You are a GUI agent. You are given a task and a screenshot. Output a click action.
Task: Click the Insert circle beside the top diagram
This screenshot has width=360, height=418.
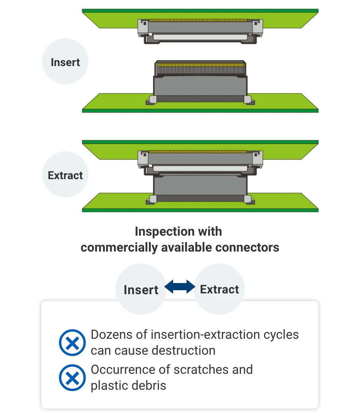pos(65,62)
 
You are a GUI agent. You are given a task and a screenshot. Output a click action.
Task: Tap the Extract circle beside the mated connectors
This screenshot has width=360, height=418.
pos(65,175)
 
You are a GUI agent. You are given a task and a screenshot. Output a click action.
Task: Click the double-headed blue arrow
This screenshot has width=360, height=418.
pos(180,287)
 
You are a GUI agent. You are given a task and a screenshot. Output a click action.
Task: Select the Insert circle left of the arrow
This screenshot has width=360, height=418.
pos(141,289)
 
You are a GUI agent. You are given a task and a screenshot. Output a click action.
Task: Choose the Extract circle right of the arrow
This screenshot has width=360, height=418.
pos(219,289)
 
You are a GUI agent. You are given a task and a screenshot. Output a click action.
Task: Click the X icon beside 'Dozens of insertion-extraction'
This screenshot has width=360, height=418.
pos(72,342)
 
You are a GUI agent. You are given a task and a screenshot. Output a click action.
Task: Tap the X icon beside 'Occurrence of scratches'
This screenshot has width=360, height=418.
pos(72,377)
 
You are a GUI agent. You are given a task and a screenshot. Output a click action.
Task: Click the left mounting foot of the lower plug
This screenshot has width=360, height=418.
pos(151,100)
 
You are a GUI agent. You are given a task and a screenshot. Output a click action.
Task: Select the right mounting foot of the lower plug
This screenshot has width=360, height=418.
pos(249,100)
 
